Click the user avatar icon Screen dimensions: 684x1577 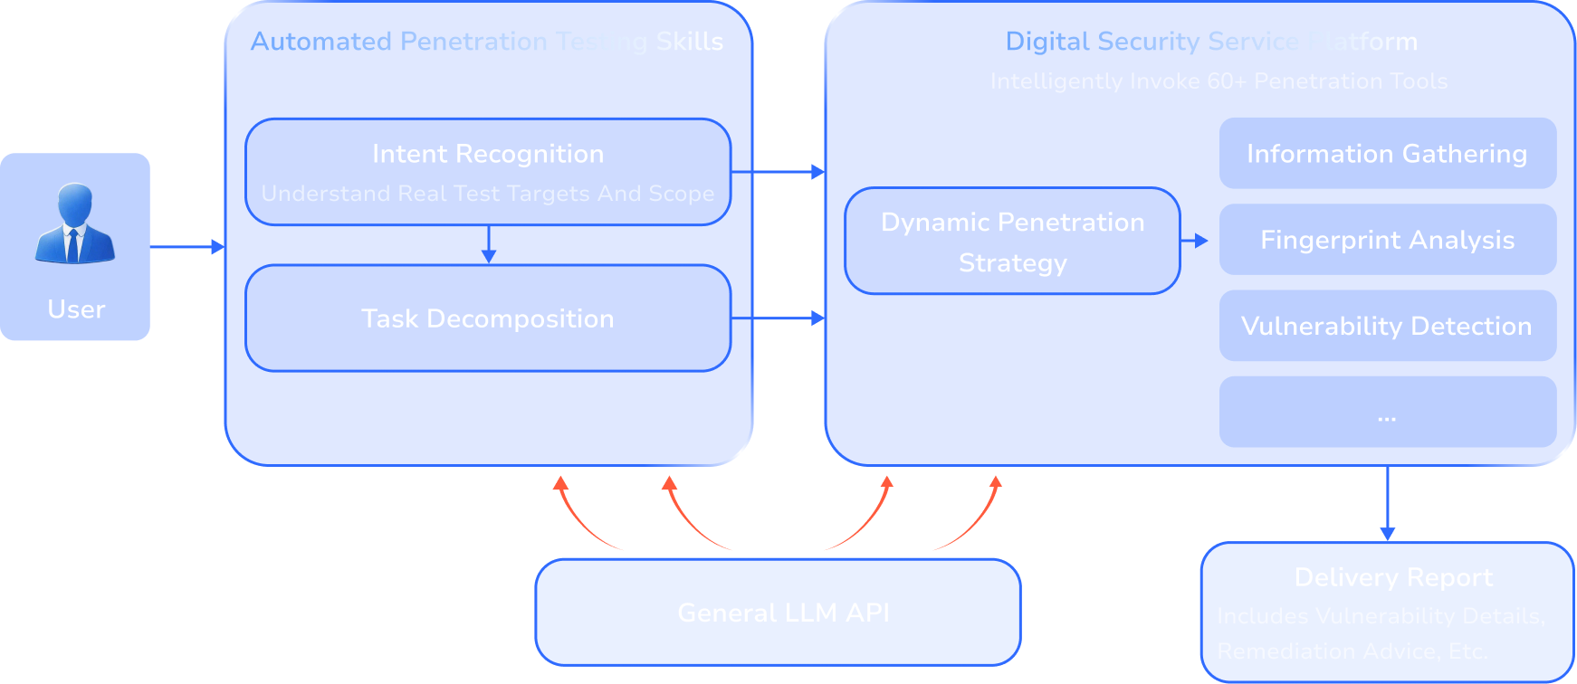point(74,223)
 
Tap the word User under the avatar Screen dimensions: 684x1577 point(76,309)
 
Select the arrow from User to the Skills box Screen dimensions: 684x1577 point(186,246)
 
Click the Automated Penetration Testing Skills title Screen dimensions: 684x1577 point(487,42)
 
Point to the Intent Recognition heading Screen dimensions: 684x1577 point(487,154)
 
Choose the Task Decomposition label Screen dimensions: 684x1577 point(487,318)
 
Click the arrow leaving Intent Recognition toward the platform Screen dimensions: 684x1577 point(788,171)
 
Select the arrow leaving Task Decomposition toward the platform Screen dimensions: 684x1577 point(788,318)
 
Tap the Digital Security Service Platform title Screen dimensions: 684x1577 point(1211,42)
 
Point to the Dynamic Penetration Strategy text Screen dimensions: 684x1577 point(1012,242)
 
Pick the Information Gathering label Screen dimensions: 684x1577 point(1386,154)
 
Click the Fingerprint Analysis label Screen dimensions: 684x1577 point(1387,240)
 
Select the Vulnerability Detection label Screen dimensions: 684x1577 point(1386,326)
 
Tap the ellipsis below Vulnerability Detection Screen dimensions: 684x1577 point(1386,419)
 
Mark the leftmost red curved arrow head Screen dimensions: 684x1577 point(561,484)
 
